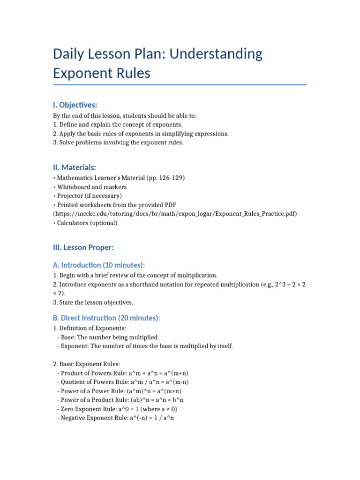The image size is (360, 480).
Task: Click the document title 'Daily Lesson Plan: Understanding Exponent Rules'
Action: pos(157,63)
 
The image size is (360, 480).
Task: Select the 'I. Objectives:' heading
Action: pos(75,105)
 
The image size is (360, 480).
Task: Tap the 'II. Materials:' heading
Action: pos(75,167)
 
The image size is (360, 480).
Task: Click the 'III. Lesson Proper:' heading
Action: pos(83,247)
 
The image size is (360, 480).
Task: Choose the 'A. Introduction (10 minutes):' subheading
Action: pos(99,265)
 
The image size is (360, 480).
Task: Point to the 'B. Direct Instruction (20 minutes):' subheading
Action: pos(106,318)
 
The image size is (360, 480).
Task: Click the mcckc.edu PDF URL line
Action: pos(175,214)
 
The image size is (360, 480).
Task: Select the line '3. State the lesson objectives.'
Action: pos(93,302)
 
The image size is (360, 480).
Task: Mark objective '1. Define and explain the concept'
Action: pos(118,125)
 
